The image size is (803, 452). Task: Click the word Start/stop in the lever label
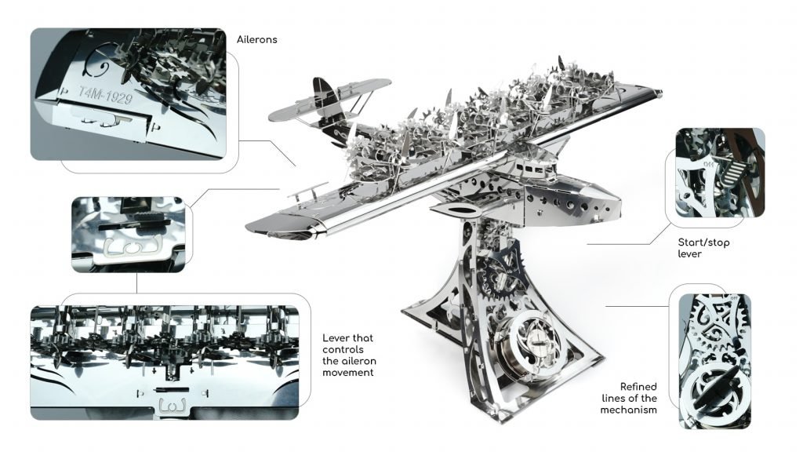[x=703, y=242]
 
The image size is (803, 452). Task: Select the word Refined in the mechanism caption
[x=638, y=387]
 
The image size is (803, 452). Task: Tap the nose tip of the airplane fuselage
[x=620, y=206]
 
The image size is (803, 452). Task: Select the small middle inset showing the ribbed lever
[x=129, y=235]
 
